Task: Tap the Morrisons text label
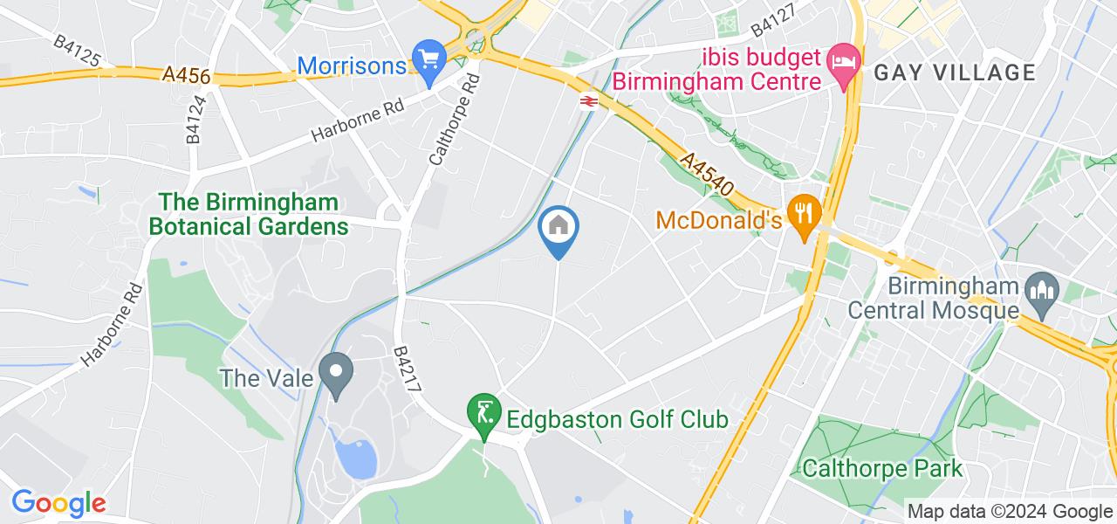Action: coord(352,65)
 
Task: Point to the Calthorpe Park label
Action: coord(883,468)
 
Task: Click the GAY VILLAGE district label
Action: coord(955,72)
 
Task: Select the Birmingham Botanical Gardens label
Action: coord(249,215)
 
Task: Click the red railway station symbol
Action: coord(587,101)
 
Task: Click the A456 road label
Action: coord(186,77)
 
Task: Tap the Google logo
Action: coord(58,503)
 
